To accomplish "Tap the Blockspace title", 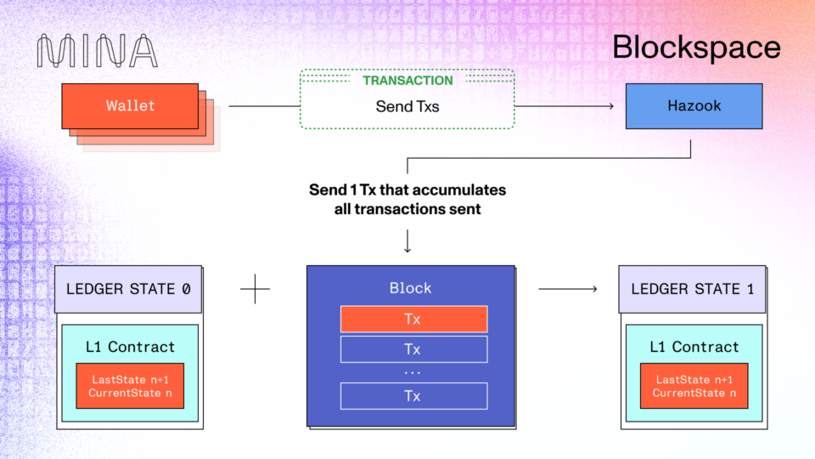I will [696, 47].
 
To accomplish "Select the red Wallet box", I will [130, 106].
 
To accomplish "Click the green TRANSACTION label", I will [407, 81].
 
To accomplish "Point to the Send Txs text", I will [407, 107].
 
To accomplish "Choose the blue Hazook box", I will [682, 106].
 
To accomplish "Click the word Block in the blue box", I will [410, 288].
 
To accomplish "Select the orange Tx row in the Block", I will [413, 319].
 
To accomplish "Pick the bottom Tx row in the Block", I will [413, 396].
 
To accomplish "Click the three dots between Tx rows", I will [413, 372].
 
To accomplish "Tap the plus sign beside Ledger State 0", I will [255, 289].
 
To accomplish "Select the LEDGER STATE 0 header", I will [128, 289].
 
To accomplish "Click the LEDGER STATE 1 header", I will [692, 289].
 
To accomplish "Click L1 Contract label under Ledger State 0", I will [130, 347].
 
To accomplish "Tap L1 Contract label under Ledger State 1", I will [694, 347].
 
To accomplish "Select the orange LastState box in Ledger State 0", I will [130, 386].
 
